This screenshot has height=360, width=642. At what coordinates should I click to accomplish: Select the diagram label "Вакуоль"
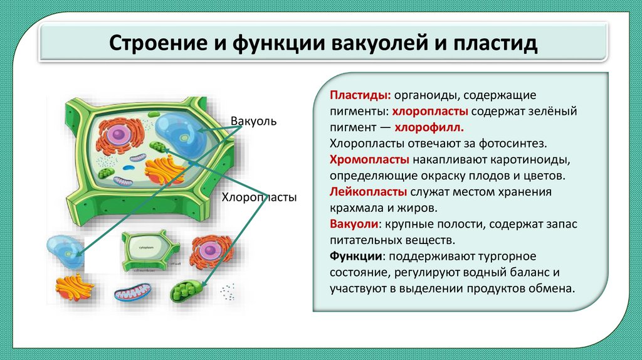[x=253, y=120]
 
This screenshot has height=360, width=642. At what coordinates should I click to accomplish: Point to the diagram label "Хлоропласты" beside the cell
[x=258, y=197]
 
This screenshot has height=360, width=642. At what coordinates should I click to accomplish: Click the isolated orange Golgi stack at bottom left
[x=75, y=287]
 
